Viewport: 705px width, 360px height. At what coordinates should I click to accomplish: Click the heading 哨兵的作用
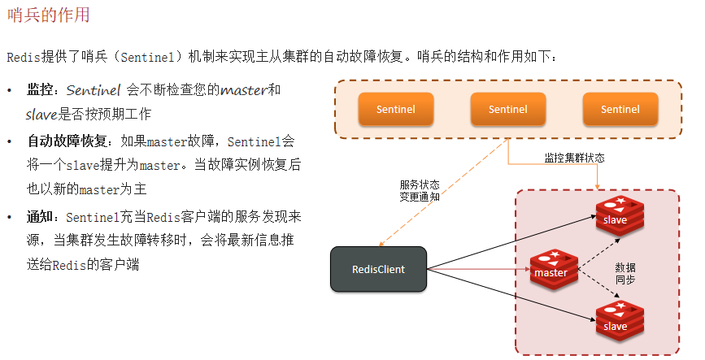pyautogui.click(x=48, y=15)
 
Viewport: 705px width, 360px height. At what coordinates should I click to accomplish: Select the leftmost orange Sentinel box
pyautogui.click(x=395, y=109)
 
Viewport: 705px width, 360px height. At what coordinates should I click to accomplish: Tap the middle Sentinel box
pyautogui.click(x=507, y=109)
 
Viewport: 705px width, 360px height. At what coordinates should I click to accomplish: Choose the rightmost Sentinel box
pyautogui.click(x=620, y=109)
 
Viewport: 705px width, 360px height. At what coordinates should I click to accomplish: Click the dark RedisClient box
pyautogui.click(x=378, y=269)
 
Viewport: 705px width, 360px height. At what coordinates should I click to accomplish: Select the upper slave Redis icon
pyautogui.click(x=619, y=215)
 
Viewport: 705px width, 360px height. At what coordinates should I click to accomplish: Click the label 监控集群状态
pyautogui.click(x=574, y=158)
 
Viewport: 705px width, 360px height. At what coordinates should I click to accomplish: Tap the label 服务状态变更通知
pyautogui.click(x=420, y=191)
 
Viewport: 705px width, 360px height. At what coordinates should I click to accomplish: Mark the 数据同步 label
pyautogui.click(x=625, y=274)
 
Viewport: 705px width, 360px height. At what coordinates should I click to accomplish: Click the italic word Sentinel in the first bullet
pyautogui.click(x=94, y=89)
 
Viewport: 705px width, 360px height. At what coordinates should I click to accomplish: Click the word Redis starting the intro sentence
pyautogui.click(x=24, y=57)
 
